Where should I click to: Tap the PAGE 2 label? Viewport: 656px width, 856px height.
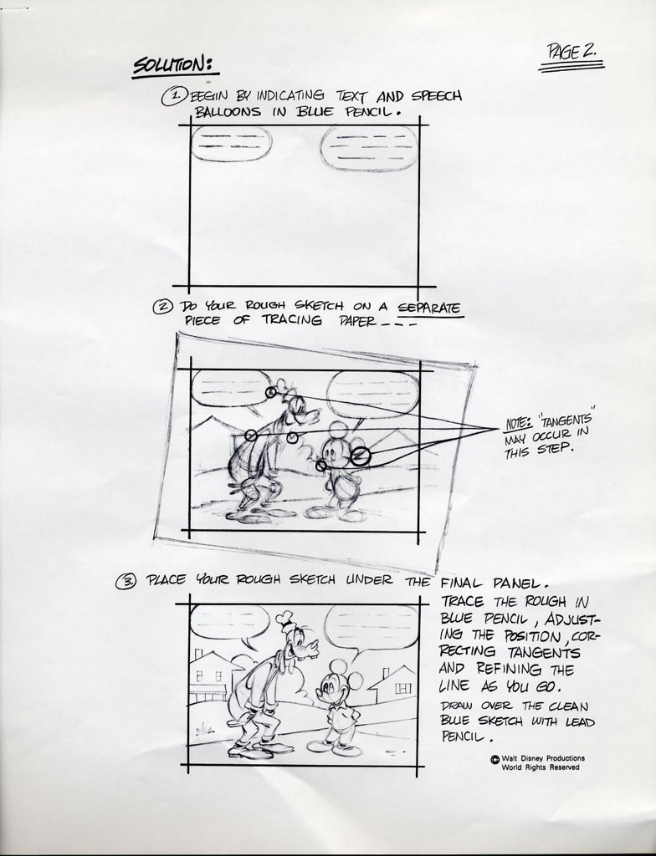point(571,52)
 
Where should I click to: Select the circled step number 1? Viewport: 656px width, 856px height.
point(174,97)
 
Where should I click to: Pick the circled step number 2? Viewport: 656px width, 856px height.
point(163,306)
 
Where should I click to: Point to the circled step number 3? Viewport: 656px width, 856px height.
point(126,581)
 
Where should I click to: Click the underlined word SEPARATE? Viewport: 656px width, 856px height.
point(429,308)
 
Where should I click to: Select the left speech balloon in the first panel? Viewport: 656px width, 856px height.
point(231,143)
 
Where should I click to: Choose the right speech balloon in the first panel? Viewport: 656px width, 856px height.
point(368,149)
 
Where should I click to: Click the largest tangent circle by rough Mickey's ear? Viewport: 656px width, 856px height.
point(360,456)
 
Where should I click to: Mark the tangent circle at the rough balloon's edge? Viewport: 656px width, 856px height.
point(271,392)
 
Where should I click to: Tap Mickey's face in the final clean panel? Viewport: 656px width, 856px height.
point(331,689)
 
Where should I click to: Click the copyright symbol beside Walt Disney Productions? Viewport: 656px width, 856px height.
point(495,759)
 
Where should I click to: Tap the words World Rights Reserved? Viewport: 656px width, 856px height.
point(540,767)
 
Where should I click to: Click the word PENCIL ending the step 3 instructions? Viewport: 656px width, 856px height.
point(463,737)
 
